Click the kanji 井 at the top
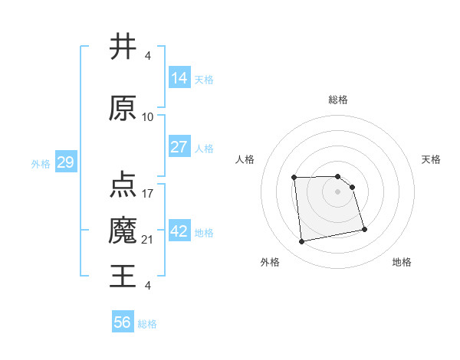(x=123, y=47)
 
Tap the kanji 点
(x=123, y=184)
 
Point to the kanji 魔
(x=123, y=231)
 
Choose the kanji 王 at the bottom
(x=123, y=276)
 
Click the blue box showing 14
(x=179, y=78)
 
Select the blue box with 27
(x=179, y=147)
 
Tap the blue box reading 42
(x=179, y=231)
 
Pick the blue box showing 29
(x=64, y=163)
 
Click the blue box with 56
(x=123, y=322)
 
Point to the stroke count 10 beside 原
(x=148, y=117)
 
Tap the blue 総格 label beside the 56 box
(x=147, y=324)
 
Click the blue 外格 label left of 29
(x=41, y=164)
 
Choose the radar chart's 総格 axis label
(x=337, y=100)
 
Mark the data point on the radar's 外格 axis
(x=302, y=242)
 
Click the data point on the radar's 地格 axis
(x=364, y=229)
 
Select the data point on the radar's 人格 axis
(x=294, y=178)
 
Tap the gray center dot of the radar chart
(x=337, y=191)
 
